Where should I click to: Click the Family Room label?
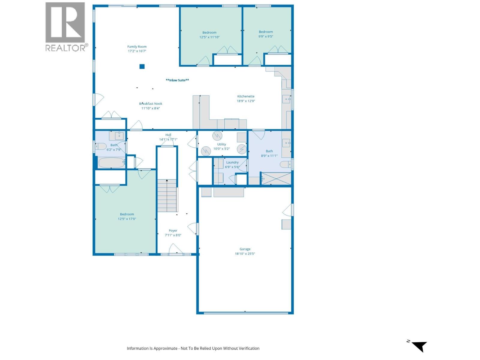coord(137,47)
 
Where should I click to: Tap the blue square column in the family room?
coord(142,67)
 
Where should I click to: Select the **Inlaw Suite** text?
coord(177,80)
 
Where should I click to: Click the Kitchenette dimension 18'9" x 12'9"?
coord(246,101)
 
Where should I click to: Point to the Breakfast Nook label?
coord(151,104)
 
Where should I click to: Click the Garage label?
coord(245,249)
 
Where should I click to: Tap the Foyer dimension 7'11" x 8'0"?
coord(173,235)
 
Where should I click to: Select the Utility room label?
coord(221,144)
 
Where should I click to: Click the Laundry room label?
coord(232,162)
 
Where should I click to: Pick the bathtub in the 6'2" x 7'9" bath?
coord(111,163)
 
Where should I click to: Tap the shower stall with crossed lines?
coord(276,179)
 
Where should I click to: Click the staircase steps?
coord(167,196)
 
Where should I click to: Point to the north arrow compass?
coord(419,346)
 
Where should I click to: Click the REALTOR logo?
coord(65,27)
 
